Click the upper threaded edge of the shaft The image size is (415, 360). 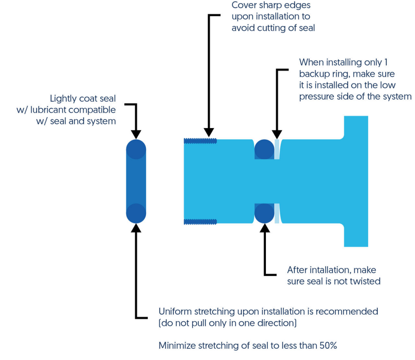pyautogui.click(x=200, y=141)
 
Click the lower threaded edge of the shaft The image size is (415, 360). pyautogui.click(x=200, y=221)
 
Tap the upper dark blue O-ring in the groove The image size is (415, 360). pyautogui.click(x=264, y=149)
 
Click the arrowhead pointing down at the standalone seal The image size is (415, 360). pyautogui.click(x=136, y=135)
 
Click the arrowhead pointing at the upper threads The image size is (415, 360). pyautogui.click(x=209, y=132)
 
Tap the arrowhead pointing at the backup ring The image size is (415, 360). pyautogui.click(x=277, y=135)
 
